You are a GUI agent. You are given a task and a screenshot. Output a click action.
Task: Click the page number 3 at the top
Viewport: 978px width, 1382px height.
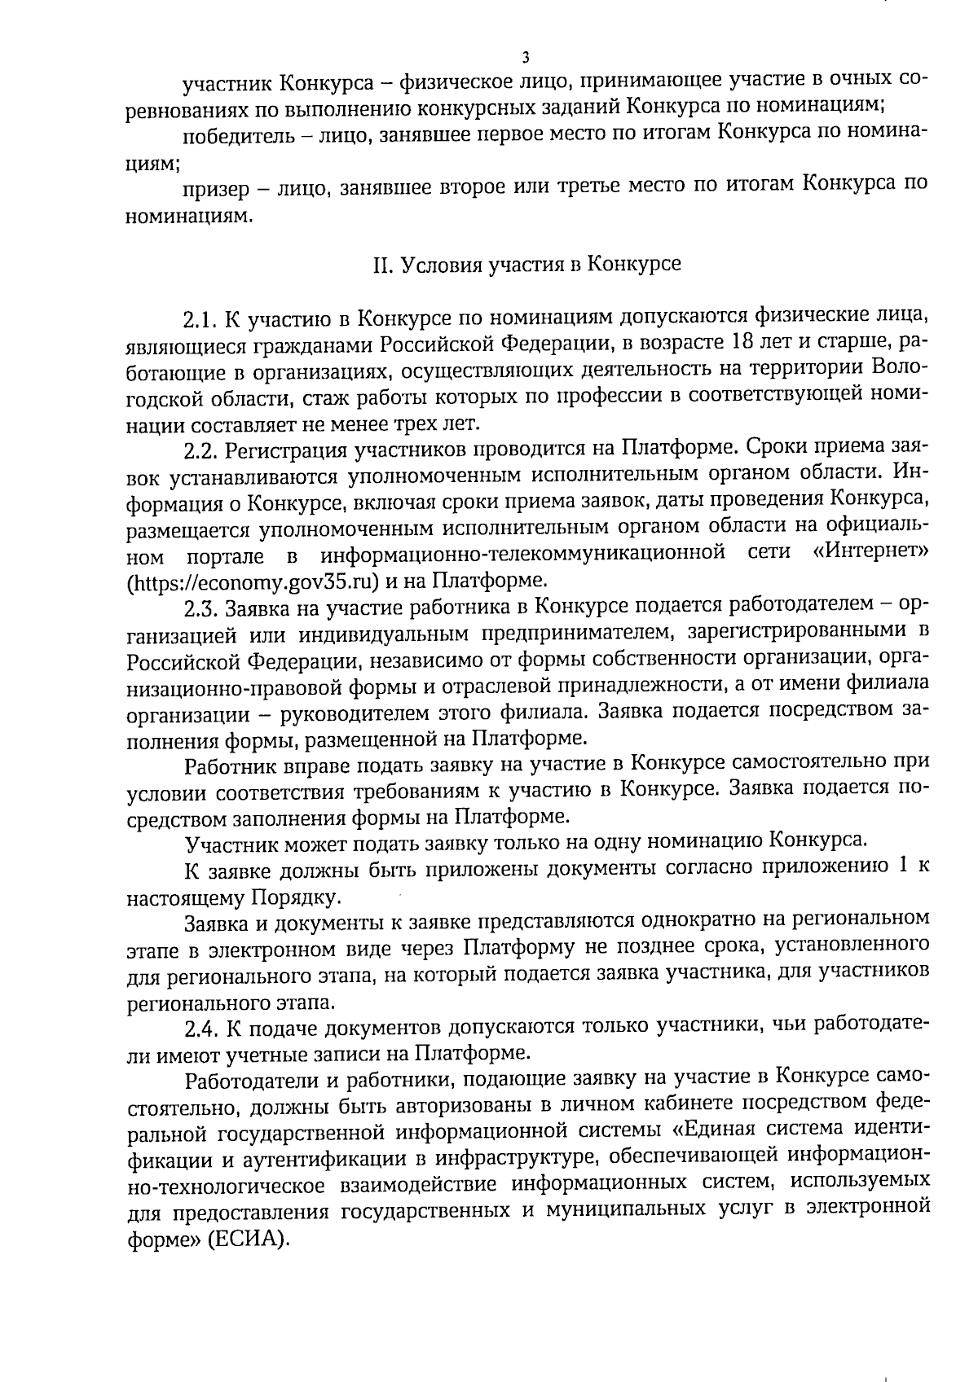click(x=526, y=59)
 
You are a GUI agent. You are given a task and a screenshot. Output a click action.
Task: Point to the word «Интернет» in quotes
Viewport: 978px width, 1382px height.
click(x=870, y=555)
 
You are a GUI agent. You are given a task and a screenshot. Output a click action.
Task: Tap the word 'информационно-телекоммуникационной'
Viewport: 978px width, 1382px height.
click(x=523, y=555)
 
